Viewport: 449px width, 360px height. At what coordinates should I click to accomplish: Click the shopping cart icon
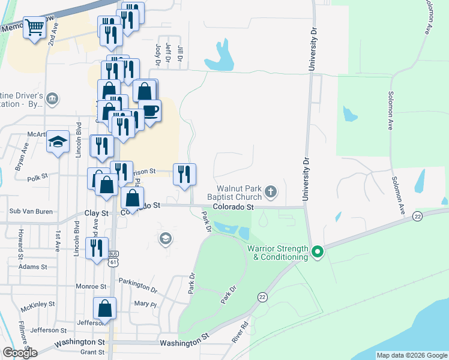click(x=35, y=27)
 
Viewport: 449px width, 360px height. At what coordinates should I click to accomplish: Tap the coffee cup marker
click(x=149, y=110)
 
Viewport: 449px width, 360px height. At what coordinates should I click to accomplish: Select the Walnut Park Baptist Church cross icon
click(x=271, y=191)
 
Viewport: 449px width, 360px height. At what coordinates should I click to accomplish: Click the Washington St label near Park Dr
click(x=184, y=343)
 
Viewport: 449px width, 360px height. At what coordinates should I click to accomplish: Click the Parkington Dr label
click(x=137, y=289)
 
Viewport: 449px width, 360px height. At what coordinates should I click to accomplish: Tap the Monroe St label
click(x=91, y=287)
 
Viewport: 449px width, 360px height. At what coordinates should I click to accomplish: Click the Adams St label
click(x=32, y=266)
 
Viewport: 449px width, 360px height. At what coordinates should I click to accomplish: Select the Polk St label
click(x=37, y=178)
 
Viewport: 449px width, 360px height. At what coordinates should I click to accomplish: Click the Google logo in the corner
click(x=20, y=353)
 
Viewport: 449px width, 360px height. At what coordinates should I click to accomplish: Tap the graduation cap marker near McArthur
click(x=58, y=142)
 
